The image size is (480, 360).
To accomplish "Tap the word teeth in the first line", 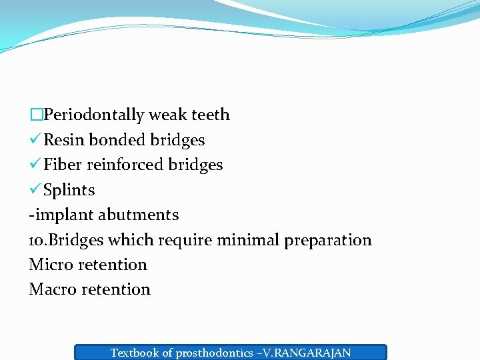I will pos(211,115).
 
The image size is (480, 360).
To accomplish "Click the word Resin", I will pos(64,140).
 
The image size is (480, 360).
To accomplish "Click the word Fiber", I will pos(63,165).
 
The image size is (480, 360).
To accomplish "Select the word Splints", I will pos(69,190).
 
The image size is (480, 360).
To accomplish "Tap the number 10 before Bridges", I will pos(37,240).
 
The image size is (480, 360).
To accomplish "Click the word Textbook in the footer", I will pos(134,353).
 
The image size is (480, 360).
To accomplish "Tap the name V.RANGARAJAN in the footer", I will pos(309,353).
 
